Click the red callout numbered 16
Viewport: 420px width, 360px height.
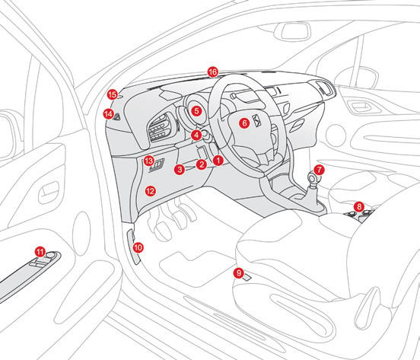(x=213, y=72)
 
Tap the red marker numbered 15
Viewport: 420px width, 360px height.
(x=113, y=94)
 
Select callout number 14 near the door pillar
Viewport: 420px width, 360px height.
(x=109, y=114)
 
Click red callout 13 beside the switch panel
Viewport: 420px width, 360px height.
(x=148, y=161)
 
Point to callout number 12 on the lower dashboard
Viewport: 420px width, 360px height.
(x=150, y=191)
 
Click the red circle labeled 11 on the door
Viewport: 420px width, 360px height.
(x=40, y=252)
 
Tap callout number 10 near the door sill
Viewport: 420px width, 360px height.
(x=138, y=247)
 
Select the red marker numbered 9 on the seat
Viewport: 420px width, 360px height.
(x=238, y=273)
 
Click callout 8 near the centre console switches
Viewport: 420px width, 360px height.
(x=358, y=206)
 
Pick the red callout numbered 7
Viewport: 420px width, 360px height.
(x=319, y=170)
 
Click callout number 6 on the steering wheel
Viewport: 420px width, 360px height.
(x=244, y=123)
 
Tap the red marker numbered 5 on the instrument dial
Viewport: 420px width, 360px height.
(x=197, y=110)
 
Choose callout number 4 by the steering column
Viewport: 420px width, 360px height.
(x=196, y=135)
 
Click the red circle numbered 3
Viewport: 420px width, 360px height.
(x=180, y=170)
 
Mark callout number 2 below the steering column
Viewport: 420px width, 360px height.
(x=202, y=164)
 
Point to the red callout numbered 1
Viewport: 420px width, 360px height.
(x=218, y=161)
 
